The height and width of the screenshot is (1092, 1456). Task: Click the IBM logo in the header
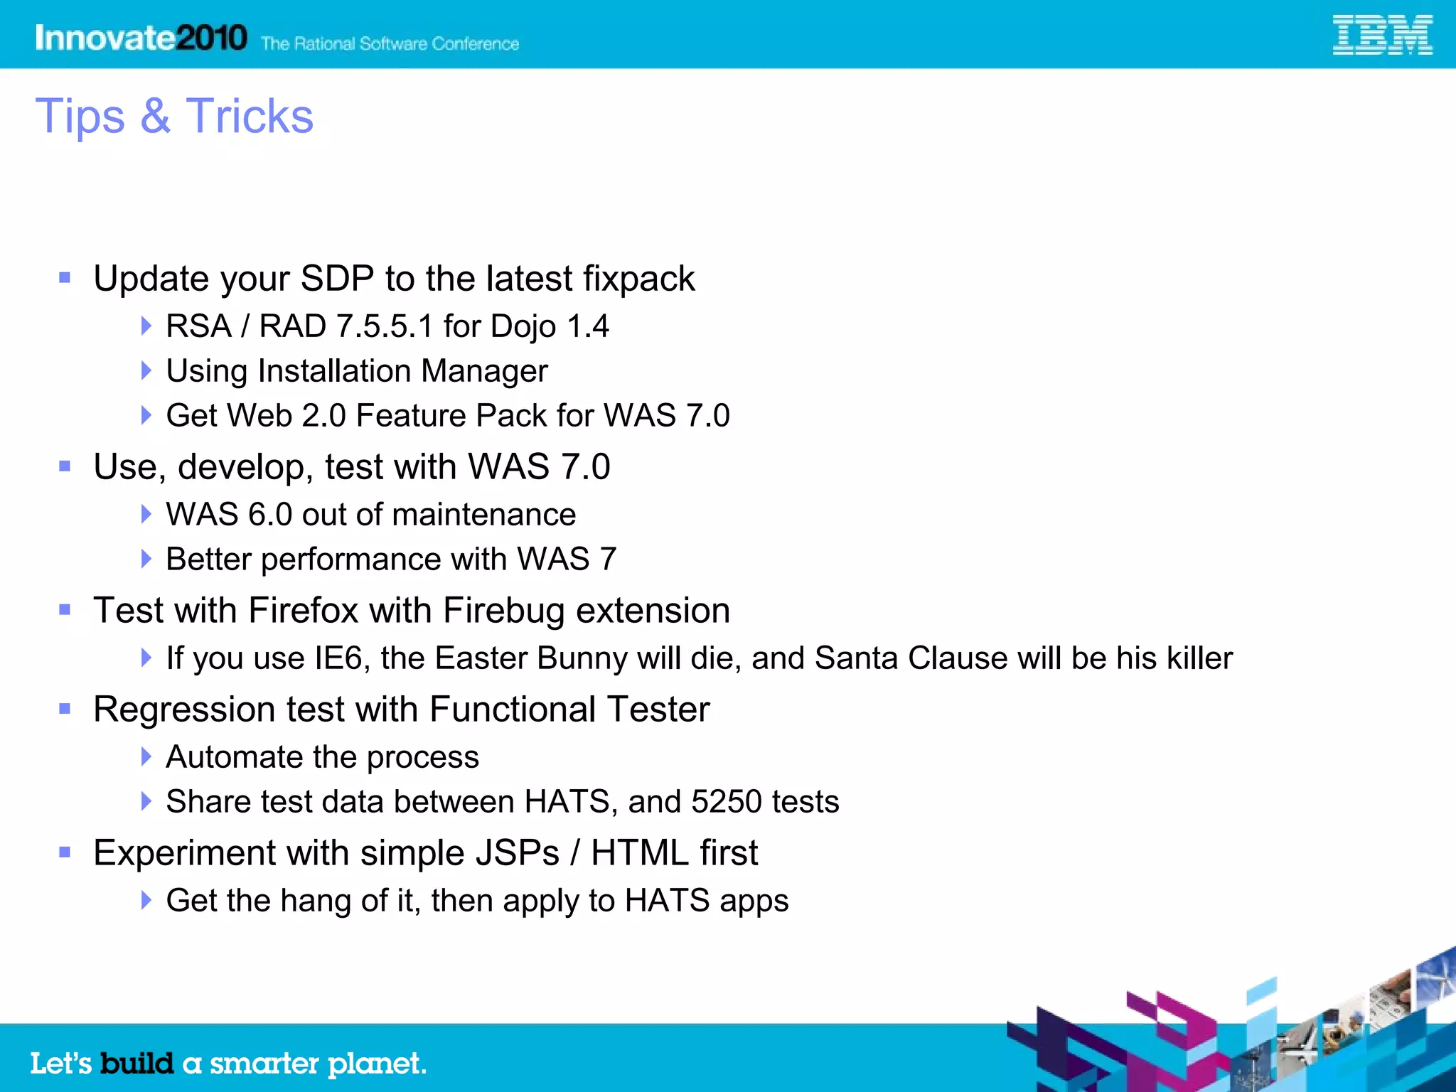tap(1381, 36)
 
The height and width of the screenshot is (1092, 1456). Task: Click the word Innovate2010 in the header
tap(141, 38)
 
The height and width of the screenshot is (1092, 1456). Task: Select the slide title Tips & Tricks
tap(174, 116)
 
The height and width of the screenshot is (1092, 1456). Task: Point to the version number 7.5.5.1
tap(385, 326)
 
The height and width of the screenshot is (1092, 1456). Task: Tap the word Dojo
tap(523, 326)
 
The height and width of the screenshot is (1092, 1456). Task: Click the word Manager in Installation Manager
tap(484, 371)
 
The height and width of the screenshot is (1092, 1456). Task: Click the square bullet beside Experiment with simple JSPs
tap(65, 852)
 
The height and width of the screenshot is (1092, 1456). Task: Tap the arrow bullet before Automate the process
tap(146, 757)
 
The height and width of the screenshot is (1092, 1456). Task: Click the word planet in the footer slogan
tap(376, 1064)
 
